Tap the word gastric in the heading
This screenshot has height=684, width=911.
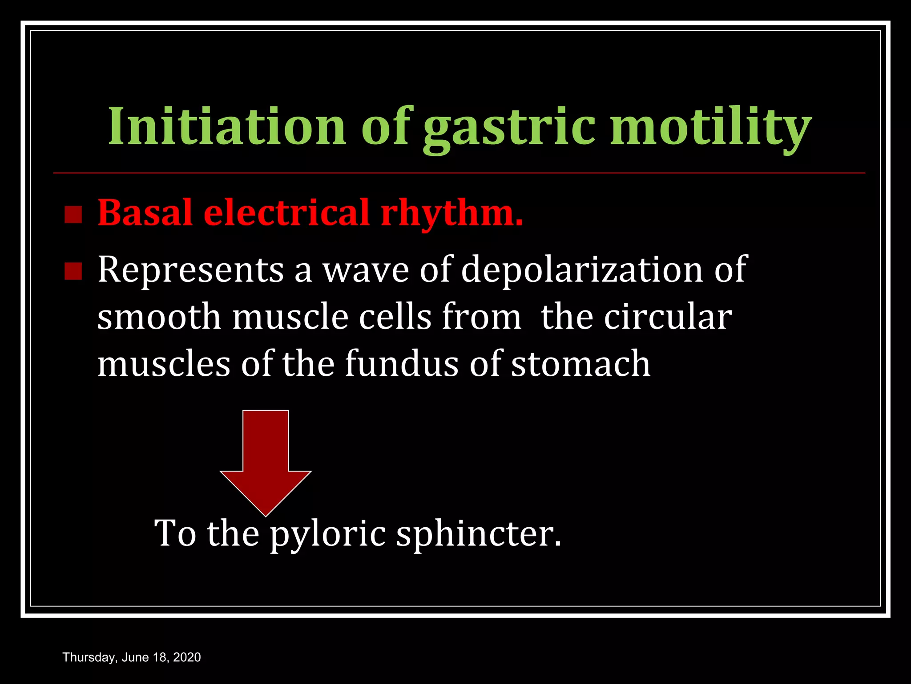pyautogui.click(x=509, y=128)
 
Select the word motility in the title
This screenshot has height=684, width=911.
pyautogui.click(x=710, y=128)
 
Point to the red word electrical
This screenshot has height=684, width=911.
pyautogui.click(x=286, y=212)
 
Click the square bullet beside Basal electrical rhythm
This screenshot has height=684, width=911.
pyautogui.click(x=73, y=215)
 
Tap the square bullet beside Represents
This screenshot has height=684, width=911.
pyautogui.click(x=73, y=271)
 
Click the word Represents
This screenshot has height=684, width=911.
pyautogui.click(x=190, y=270)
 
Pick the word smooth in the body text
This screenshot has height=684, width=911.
pyautogui.click(x=159, y=317)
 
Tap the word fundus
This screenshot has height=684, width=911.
pyautogui.click(x=402, y=363)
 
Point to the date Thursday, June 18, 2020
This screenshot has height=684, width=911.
pyautogui.click(x=132, y=657)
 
